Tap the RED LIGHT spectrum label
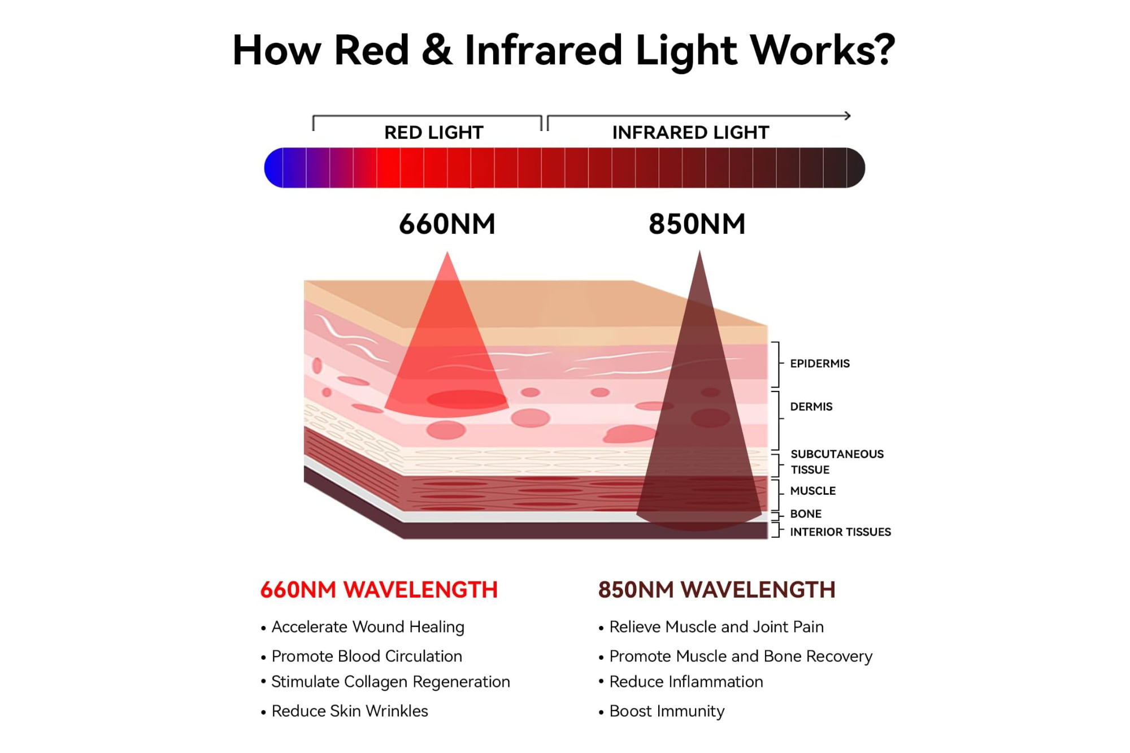click(433, 132)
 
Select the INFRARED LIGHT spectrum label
click(690, 132)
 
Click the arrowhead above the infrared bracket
click(847, 116)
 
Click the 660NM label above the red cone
click(447, 224)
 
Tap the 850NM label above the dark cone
click(697, 224)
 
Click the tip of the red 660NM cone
click(447, 254)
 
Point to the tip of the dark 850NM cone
click(699, 253)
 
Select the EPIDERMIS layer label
click(819, 363)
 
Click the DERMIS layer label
click(811, 407)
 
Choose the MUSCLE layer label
click(812, 491)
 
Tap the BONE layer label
click(806, 514)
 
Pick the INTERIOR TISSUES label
click(840, 532)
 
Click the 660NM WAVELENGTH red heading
click(379, 590)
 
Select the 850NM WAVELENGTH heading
click(716, 590)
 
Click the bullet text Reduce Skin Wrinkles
click(350, 711)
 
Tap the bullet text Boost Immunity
click(667, 711)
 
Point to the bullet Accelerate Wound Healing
click(368, 627)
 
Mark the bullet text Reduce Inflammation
click(686, 682)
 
